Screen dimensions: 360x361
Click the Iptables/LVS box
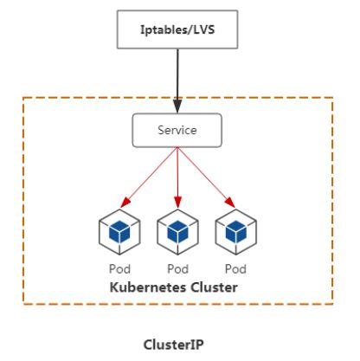click(177, 29)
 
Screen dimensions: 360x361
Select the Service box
click(177, 130)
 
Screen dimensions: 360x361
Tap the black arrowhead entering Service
click(177, 106)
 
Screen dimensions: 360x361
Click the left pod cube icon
click(119, 232)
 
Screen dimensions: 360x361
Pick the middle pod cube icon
click(177, 232)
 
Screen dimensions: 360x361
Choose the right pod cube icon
click(236, 232)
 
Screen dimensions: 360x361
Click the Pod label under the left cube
click(119, 269)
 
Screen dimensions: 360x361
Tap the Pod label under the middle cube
click(178, 269)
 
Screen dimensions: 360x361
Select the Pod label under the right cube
click(235, 269)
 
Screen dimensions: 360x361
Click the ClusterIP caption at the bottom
click(174, 345)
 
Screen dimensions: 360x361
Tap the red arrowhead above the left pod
click(125, 202)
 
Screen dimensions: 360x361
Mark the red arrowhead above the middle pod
click(177, 202)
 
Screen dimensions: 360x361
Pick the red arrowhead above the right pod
click(230, 202)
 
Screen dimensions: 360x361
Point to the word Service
click(177, 130)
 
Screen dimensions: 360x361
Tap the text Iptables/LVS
click(177, 29)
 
